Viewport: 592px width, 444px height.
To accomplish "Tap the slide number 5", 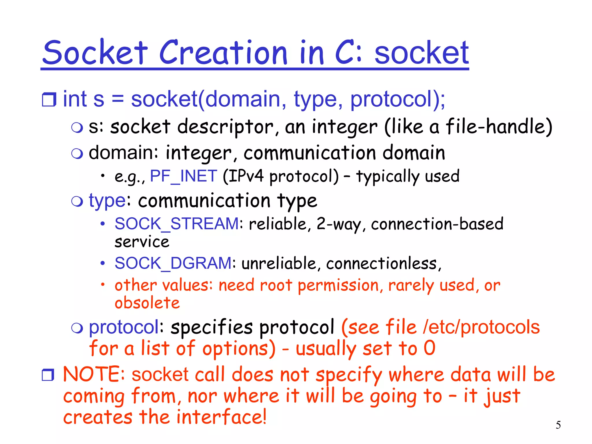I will point(558,425).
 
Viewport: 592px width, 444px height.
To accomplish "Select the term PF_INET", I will point(184,176).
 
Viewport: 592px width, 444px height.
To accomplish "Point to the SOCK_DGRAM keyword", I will point(173,263).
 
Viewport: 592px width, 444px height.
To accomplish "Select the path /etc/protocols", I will point(481,328).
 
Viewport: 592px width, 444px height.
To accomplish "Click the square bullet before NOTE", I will point(48,375).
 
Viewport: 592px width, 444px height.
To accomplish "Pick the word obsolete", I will point(147,303).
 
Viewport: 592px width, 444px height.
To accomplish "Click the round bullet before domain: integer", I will point(77,153).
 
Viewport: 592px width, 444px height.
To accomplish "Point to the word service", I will point(142,242).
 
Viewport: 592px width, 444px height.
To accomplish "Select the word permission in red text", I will point(338,286).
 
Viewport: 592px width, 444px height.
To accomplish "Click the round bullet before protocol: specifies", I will point(77,328).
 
